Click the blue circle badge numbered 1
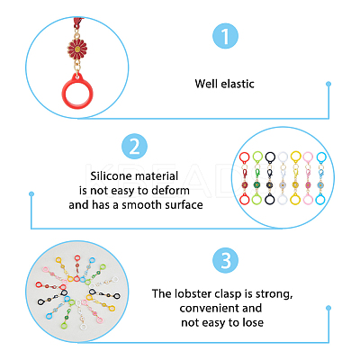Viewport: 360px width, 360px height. pyautogui.click(x=225, y=36)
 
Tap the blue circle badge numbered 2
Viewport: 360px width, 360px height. pyautogui.click(x=134, y=147)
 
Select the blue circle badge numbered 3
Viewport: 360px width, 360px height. pyautogui.click(x=225, y=260)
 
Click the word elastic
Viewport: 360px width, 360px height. pyautogui.click(x=238, y=84)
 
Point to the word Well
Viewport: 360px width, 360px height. pyautogui.click(x=206, y=84)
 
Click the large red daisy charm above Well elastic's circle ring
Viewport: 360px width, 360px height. pyautogui.click(x=77, y=48)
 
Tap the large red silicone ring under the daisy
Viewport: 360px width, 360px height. pyautogui.click(x=77, y=91)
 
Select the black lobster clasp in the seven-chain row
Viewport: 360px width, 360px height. pyautogui.click(x=270, y=174)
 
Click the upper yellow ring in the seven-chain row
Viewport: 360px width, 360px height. pyautogui.click(x=295, y=157)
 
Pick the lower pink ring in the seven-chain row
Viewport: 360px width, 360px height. pyautogui.click(x=308, y=199)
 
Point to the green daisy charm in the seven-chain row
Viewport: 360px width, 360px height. pyautogui.click(x=256, y=184)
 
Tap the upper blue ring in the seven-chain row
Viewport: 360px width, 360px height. pyautogui.click(x=321, y=157)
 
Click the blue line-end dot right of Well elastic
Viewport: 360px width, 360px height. pyautogui.click(x=328, y=84)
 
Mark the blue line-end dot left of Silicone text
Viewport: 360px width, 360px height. pyautogui.click(x=31, y=194)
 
